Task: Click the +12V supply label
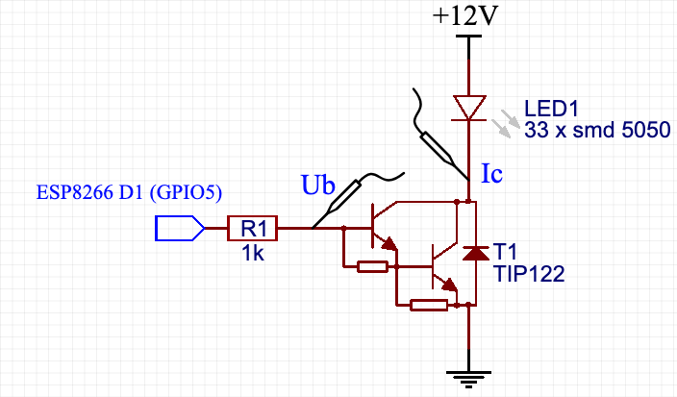point(467,16)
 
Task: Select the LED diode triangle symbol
point(468,107)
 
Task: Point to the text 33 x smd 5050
point(597,130)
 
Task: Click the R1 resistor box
point(253,229)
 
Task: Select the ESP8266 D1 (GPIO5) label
point(129,192)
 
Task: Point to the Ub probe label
point(318,185)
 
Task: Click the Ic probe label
point(491,174)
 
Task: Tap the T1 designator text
point(503,252)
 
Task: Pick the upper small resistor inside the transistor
point(372,266)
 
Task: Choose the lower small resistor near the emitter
point(428,306)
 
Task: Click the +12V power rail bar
point(468,37)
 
